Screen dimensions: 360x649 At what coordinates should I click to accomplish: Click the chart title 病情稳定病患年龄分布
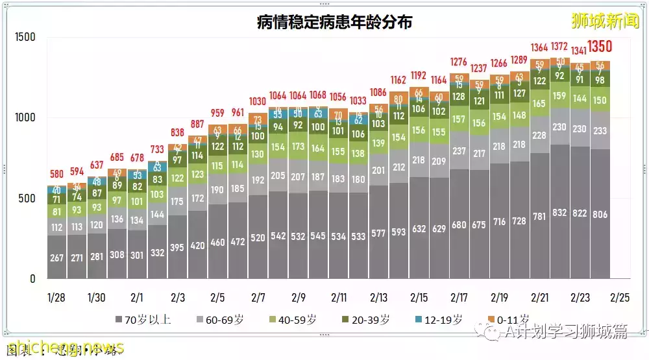pos(334,23)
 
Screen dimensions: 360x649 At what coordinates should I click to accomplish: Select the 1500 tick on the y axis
pos(25,37)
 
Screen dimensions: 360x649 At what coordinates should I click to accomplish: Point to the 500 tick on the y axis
pos(29,198)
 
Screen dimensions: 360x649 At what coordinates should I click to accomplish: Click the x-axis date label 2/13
pos(378,298)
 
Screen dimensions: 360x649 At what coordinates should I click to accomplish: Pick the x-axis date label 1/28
pos(56,298)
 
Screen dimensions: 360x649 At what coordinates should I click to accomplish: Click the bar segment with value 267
pos(56,258)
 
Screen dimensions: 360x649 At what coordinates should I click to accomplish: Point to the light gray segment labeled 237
pos(459,151)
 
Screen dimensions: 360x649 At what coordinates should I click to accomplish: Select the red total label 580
pos(56,174)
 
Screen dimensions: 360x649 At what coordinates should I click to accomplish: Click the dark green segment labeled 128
pos(459,97)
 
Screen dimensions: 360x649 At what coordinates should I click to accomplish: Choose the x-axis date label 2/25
pos(620,298)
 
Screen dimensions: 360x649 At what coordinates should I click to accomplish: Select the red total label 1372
pos(559,47)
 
